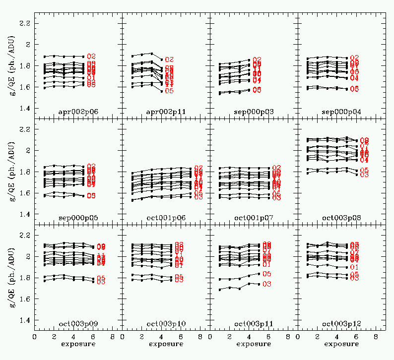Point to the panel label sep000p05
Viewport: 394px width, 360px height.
point(78,218)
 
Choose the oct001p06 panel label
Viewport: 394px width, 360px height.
point(166,218)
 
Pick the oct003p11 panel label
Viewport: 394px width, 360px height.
point(253,324)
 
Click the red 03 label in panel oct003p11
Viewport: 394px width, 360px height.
point(266,284)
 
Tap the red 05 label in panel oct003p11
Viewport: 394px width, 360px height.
point(266,274)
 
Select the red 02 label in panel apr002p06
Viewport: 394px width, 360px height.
point(91,57)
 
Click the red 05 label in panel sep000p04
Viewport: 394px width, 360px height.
point(354,89)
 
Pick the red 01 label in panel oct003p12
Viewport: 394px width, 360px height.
point(354,267)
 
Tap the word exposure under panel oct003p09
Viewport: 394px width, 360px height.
point(77,344)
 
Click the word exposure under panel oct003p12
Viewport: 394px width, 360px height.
point(340,344)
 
